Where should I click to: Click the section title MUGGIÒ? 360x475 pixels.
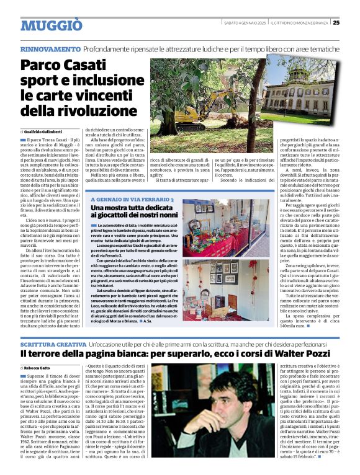pyautogui.click(x=51, y=25)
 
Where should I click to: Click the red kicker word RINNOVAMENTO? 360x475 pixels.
pyautogui.click(x=50, y=48)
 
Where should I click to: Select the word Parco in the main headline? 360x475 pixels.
pyautogui.click(x=42, y=65)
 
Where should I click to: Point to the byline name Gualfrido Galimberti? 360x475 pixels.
pyautogui.click(x=48, y=133)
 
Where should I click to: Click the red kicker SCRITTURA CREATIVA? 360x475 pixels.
pyautogui.click(x=53, y=344)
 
